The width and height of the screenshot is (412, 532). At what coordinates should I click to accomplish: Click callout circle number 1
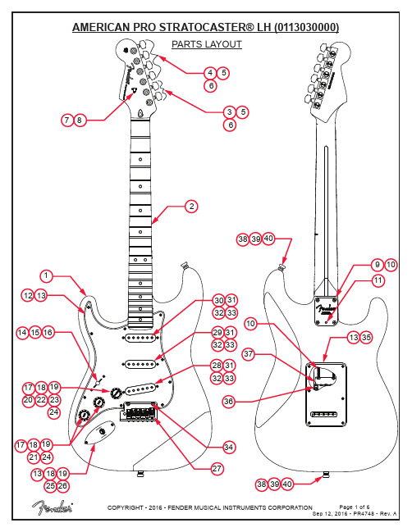(x=47, y=276)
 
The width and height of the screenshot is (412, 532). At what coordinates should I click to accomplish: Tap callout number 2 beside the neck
(x=191, y=207)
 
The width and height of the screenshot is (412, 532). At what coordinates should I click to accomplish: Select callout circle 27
(x=217, y=469)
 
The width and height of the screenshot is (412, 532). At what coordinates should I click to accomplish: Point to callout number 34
(x=229, y=448)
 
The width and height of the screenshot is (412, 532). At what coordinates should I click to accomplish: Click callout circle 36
(x=229, y=402)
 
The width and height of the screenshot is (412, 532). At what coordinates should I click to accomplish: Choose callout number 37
(x=249, y=354)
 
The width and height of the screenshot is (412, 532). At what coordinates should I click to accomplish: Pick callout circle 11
(x=378, y=280)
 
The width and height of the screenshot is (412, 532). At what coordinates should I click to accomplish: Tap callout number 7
(x=67, y=120)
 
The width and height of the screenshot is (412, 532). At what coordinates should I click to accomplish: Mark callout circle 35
(x=366, y=337)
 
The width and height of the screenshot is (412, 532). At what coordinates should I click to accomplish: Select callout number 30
(x=219, y=300)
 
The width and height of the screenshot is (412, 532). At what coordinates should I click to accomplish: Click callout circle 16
(x=48, y=333)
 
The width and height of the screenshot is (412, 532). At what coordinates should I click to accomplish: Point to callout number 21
(x=34, y=457)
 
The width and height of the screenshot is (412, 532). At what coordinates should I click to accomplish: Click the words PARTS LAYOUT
(x=207, y=44)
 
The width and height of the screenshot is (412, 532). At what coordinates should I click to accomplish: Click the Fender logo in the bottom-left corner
(x=53, y=507)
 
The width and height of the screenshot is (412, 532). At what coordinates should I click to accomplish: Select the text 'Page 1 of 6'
(x=355, y=507)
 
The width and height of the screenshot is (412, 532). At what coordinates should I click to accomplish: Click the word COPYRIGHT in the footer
(x=126, y=507)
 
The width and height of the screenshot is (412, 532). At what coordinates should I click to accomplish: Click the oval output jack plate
(x=99, y=432)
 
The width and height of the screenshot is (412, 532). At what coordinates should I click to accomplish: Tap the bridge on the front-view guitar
(x=140, y=412)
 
